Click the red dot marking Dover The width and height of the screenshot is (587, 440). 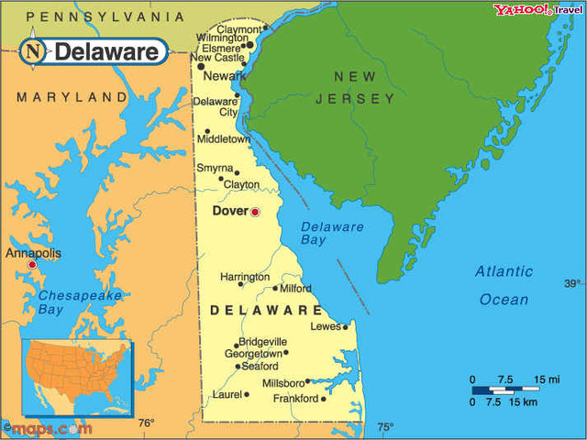click(255, 213)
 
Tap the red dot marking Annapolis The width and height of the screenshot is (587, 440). click(32, 264)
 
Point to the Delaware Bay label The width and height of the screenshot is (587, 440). click(331, 233)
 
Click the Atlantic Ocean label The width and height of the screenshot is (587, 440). click(504, 285)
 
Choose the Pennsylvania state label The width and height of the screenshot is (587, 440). click(105, 16)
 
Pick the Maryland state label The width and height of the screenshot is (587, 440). click(72, 96)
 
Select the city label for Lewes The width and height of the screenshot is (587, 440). click(326, 326)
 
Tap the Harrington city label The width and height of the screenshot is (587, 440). click(245, 277)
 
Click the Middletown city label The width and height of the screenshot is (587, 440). click(224, 139)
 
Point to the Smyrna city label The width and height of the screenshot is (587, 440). click(215, 168)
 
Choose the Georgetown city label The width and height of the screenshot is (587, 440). click(252, 353)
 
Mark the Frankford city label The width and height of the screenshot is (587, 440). click(295, 399)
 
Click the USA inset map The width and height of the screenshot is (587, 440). click(77, 376)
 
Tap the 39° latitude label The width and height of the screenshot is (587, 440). click(572, 283)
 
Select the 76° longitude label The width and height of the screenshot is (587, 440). click(146, 423)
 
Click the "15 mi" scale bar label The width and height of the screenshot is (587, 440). click(548, 379)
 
